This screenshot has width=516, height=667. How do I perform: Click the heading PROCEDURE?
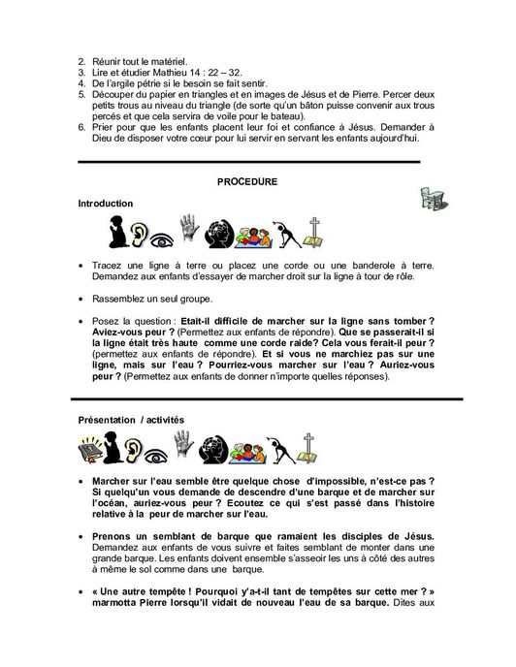click(247, 181)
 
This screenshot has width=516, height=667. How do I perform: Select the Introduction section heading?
click(106, 204)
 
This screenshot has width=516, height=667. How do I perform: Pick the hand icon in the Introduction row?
click(216, 233)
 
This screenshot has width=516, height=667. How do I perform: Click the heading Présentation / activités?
click(129, 419)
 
